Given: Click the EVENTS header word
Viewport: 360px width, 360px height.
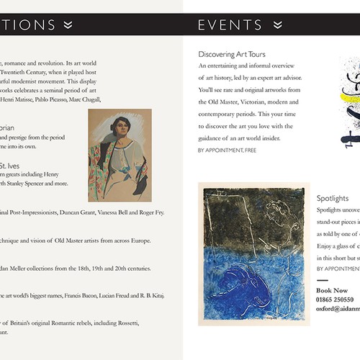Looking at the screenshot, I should [230, 25].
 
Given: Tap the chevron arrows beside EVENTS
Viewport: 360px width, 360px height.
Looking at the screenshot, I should [279, 25].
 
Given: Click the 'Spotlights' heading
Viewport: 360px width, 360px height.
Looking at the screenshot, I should [333, 198].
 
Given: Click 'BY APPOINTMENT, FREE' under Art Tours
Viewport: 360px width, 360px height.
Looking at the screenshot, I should [226, 150].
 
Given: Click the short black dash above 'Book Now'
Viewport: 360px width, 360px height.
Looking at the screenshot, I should [322, 280].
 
